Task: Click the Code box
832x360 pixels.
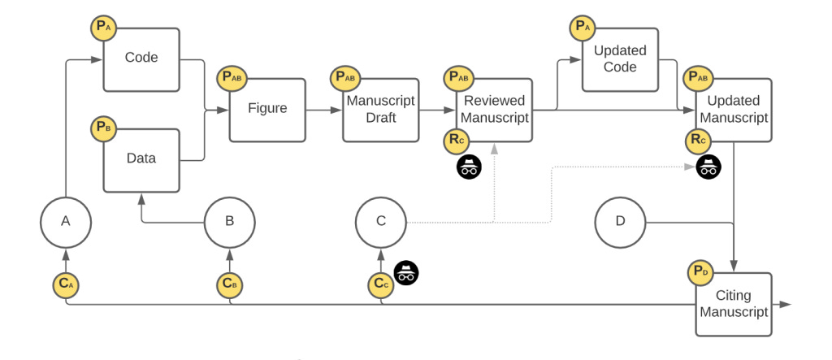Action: point(141,59)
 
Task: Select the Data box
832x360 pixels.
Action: point(141,158)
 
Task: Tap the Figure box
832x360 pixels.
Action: point(267,109)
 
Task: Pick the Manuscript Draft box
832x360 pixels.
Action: point(380,109)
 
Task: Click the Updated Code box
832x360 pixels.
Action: point(620,59)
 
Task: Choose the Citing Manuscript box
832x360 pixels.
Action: point(733,305)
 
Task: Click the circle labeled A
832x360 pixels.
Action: point(66,221)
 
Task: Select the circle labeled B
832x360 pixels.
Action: point(229,221)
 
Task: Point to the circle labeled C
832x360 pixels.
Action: point(381,221)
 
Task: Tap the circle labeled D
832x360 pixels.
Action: point(621,221)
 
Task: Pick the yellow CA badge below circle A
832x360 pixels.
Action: point(66,284)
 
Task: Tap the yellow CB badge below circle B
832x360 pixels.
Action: point(229,284)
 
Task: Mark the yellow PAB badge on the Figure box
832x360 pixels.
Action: point(231,78)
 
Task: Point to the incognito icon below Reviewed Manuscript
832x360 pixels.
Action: point(470,167)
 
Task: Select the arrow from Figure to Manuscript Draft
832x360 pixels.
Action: point(323,109)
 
